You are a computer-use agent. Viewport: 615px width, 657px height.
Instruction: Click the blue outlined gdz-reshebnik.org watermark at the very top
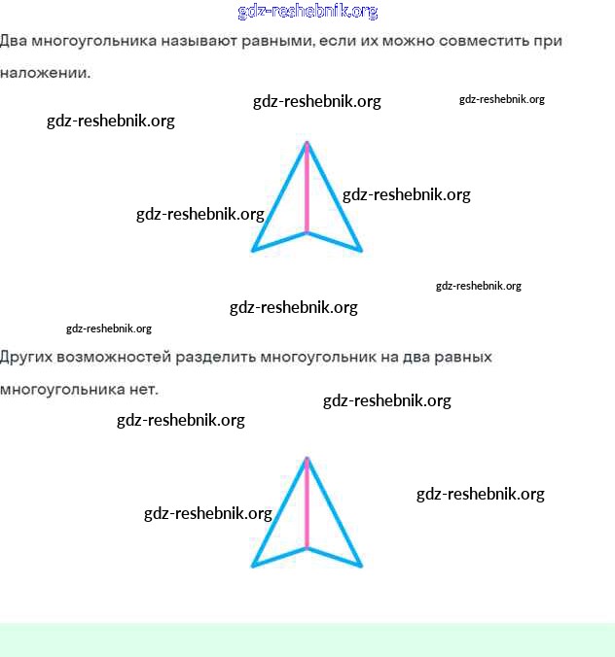(307, 12)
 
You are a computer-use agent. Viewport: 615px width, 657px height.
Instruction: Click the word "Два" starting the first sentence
(14, 42)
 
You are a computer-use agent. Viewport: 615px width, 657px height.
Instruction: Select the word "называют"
(209, 42)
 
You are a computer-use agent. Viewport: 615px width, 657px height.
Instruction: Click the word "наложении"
(44, 73)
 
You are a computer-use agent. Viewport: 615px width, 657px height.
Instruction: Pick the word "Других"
(25, 358)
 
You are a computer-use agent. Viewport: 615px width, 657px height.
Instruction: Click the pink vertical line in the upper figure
(307, 190)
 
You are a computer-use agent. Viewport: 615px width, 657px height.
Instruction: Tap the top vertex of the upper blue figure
(307, 144)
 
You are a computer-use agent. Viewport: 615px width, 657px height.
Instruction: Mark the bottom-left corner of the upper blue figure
(253, 251)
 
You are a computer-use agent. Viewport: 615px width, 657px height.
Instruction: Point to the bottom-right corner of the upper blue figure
(361, 251)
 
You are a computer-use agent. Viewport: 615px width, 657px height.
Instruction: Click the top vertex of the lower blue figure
(307, 458)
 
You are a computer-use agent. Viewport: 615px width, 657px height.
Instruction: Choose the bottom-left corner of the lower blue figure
(253, 565)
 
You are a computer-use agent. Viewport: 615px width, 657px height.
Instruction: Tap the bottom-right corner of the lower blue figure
(361, 565)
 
